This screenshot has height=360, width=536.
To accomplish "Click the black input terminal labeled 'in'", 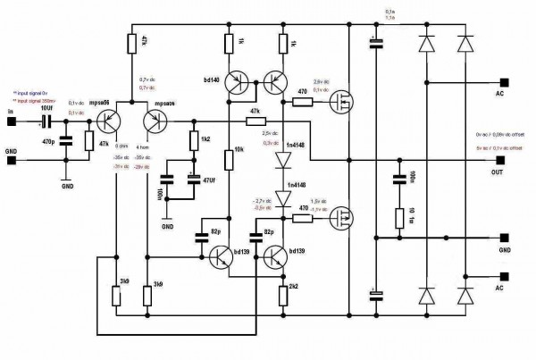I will (x=11, y=122).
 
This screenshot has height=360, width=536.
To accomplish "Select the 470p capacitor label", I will (x=48, y=140).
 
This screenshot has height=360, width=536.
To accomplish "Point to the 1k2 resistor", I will (x=193, y=140).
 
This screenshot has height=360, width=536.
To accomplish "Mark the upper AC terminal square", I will (x=505, y=79).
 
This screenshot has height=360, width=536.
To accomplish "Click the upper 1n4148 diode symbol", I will (x=282, y=162).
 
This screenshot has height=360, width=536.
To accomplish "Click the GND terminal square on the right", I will (x=505, y=238).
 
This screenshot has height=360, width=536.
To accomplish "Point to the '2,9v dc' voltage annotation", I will (x=322, y=80).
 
